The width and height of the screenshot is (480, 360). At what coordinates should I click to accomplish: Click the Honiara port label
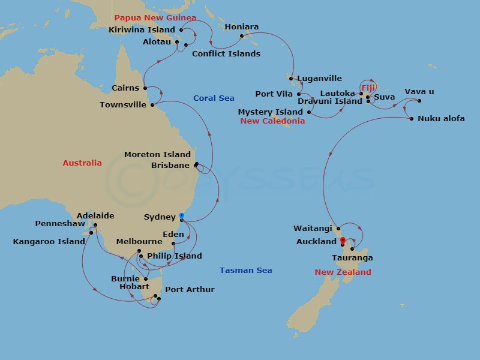[x=241, y=27]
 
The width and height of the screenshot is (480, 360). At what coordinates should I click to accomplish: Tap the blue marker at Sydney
[x=181, y=216]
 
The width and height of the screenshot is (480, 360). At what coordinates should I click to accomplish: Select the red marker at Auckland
[x=343, y=241]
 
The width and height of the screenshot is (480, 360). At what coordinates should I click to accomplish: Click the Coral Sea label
[x=214, y=98]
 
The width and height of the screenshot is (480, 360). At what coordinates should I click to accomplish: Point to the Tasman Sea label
[x=245, y=271]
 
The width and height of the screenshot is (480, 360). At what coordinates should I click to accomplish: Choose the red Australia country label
[x=82, y=163]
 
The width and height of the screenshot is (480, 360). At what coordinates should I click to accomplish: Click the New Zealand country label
[x=343, y=272]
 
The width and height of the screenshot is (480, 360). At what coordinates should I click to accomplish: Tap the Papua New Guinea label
[x=155, y=18]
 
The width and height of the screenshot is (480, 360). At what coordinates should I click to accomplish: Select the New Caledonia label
[x=272, y=121]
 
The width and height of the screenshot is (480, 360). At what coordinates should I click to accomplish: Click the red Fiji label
[x=368, y=88]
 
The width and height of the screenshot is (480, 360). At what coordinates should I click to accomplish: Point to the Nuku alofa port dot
[x=412, y=119]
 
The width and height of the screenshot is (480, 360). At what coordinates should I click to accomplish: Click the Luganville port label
[x=319, y=79]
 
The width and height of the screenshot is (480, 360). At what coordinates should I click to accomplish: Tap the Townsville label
[x=123, y=105]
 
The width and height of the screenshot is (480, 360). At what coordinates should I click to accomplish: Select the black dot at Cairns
[x=145, y=88]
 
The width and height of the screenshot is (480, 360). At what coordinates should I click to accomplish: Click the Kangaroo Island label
[x=49, y=242]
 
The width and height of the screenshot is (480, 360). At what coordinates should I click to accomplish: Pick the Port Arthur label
[x=190, y=290]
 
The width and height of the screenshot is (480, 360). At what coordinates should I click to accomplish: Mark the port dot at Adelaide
[x=95, y=226]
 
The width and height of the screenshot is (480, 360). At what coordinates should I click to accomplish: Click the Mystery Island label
[x=270, y=112]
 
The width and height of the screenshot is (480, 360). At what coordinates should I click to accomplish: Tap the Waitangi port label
[x=313, y=229]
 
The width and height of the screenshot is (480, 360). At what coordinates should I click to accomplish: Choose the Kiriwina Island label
[x=142, y=29]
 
